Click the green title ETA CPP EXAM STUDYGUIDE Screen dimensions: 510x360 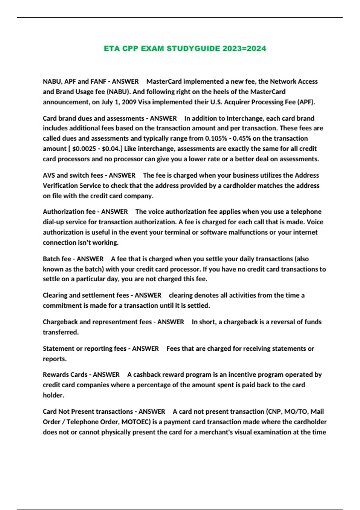[x=185, y=49]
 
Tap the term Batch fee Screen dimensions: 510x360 [x=57, y=259]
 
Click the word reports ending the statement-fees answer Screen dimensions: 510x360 [x=54, y=359]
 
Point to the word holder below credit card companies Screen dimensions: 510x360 [x=53, y=395]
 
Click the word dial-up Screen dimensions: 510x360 [x=53, y=222]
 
